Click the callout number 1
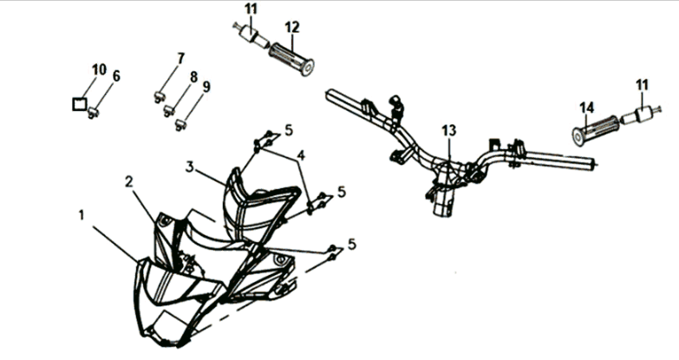pos(82,215)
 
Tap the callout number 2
pos(128,182)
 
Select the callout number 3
pos(190,167)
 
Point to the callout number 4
pos(301,155)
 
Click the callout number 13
pos(449,130)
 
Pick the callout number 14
pos(587,108)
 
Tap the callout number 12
pos(292,27)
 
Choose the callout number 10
pos(99,69)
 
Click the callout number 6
pos(116,75)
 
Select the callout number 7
pos(180,58)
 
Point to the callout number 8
pos(193,77)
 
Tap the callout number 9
pos(206,87)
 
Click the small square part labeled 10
pos(79,104)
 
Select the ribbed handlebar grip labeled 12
pos(291,58)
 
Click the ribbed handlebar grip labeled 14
pos(596,128)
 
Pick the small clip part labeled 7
pos(159,96)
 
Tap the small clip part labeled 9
pos(180,126)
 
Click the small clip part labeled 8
pos(169,111)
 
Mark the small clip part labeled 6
pos(93,114)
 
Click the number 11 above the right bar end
pos(643,85)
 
